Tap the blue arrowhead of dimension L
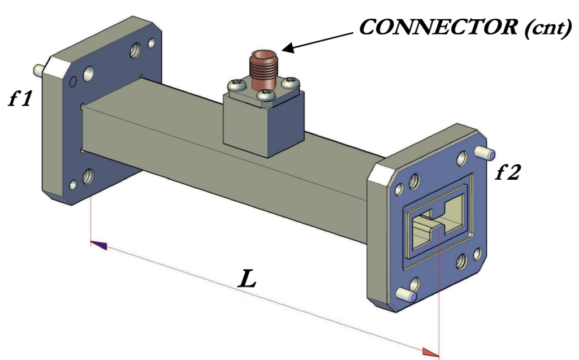pyautogui.click(x=99, y=245)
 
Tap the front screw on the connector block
pyautogui.click(x=264, y=96)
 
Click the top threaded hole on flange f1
pyautogui.click(x=136, y=53)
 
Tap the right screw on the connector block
pyautogui.click(x=291, y=83)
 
